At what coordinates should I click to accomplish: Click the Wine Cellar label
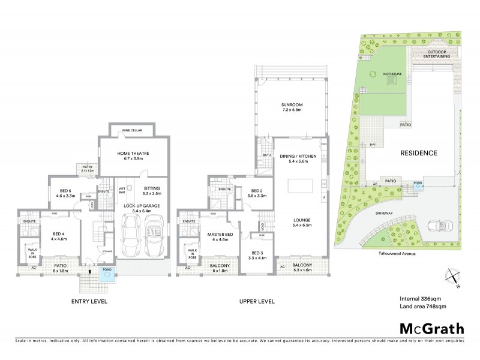(x=133, y=130)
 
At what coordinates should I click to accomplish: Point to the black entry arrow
(x=89, y=271)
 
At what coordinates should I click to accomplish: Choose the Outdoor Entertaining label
(x=430, y=55)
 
